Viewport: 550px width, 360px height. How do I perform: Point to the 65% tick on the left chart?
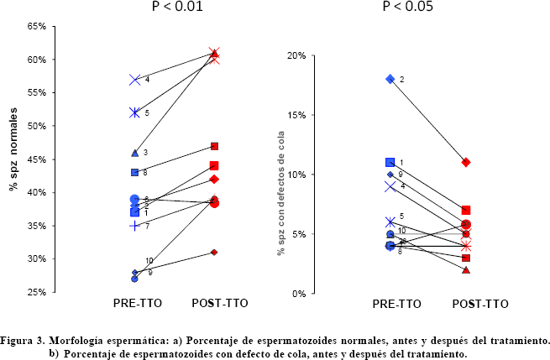click(35, 27)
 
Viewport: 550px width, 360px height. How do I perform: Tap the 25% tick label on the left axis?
click(35, 292)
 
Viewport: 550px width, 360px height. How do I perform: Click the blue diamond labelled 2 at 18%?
click(390, 79)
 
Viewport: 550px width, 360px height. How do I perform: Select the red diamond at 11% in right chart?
click(466, 162)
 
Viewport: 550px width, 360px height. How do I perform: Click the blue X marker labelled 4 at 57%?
click(134, 80)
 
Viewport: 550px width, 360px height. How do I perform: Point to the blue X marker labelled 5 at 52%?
click(134, 112)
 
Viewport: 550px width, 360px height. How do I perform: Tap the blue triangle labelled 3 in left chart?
click(134, 153)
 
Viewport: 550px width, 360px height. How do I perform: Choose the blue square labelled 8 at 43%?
click(134, 172)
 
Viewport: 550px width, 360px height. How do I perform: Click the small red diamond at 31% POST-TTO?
click(214, 252)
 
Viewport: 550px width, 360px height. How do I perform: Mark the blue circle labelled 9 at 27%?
click(134, 279)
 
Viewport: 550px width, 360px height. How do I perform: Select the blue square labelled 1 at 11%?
click(390, 163)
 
